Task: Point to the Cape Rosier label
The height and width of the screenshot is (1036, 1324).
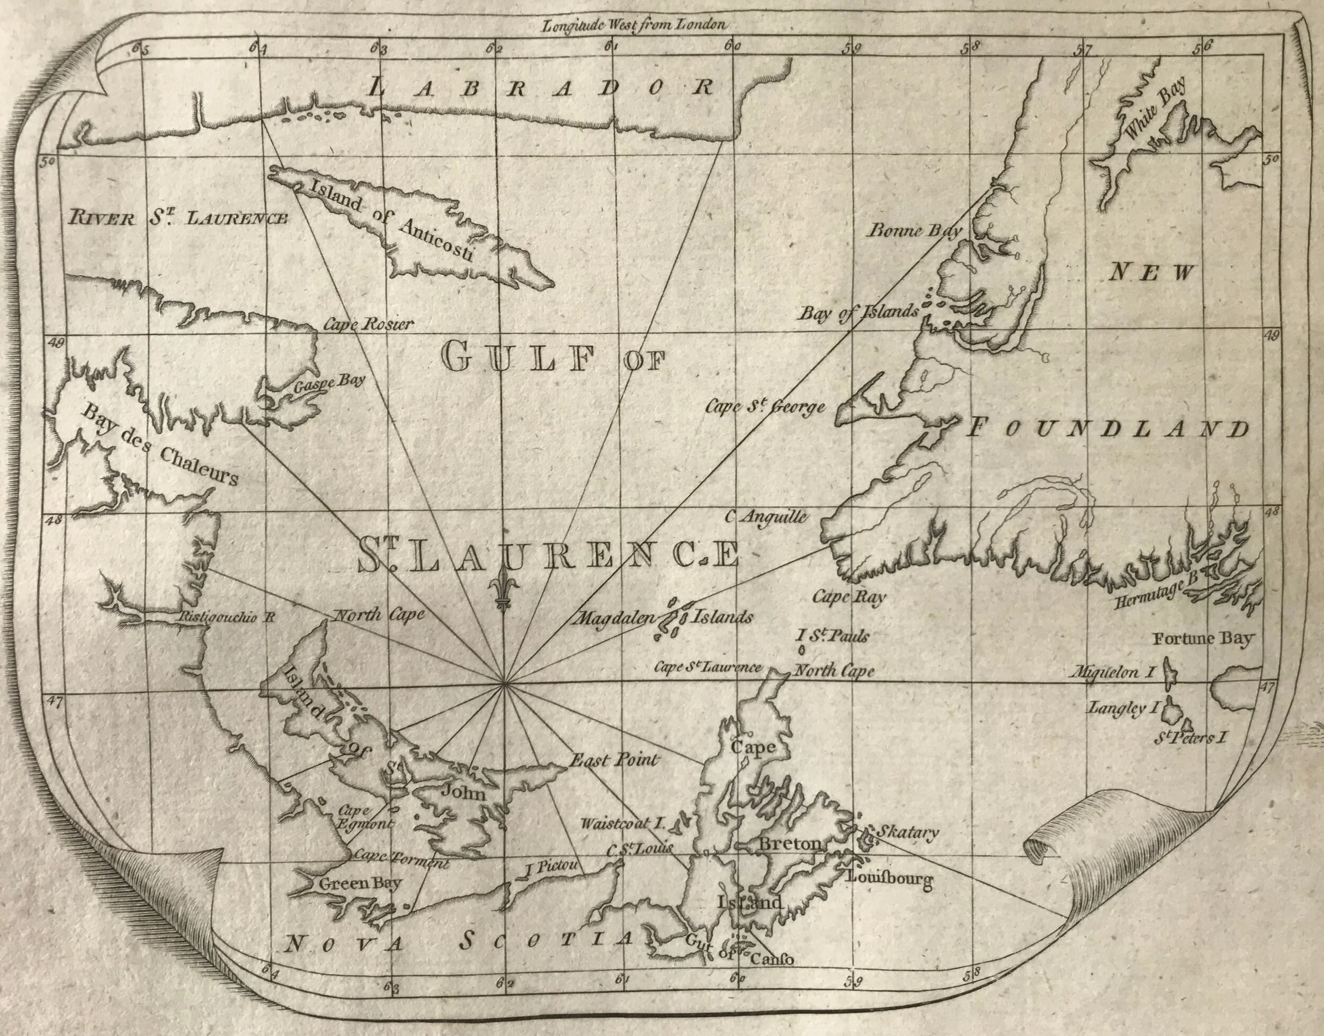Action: (368, 324)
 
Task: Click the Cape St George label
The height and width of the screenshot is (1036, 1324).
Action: (765, 407)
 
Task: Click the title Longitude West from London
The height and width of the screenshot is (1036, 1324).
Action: (634, 25)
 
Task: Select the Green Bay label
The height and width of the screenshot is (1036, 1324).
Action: (360, 882)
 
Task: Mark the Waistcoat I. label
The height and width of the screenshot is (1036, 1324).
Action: (623, 824)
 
